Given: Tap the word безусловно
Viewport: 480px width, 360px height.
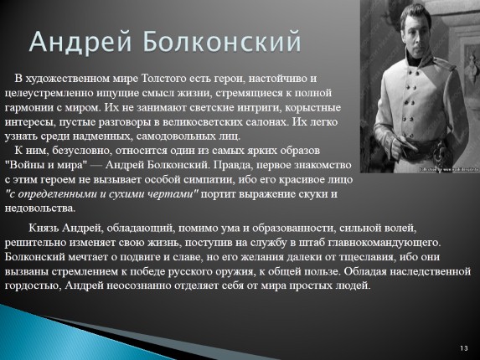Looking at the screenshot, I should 86,150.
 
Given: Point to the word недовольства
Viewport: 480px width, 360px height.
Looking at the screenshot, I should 39,208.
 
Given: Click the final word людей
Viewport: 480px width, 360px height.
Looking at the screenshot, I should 352,285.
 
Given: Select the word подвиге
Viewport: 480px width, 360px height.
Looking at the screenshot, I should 157,256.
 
